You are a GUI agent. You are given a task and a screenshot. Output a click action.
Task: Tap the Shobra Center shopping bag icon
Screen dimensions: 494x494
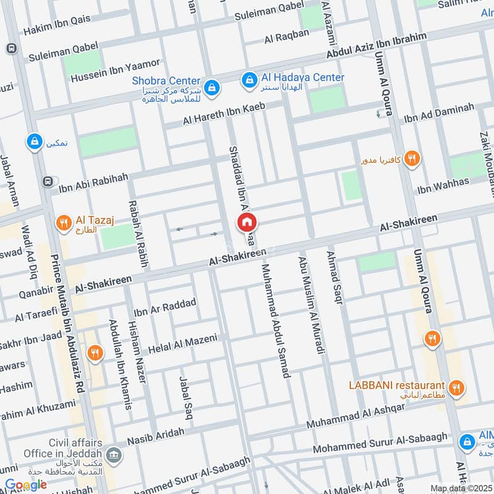[212, 87]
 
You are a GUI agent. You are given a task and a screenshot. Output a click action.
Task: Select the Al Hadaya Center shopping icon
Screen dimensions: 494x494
[249, 79]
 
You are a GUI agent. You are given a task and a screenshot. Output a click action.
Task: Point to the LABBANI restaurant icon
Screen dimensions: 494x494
[456, 388]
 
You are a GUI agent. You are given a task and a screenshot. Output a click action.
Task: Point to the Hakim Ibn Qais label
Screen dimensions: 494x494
[57, 25]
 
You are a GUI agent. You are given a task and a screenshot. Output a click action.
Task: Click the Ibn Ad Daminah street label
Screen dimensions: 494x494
[439, 113]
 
